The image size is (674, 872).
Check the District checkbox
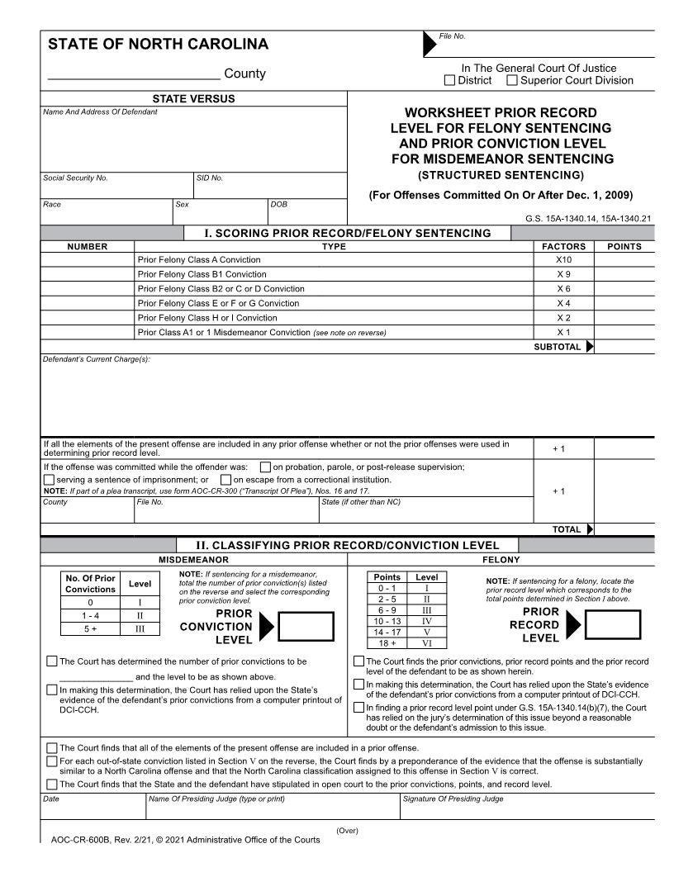449,81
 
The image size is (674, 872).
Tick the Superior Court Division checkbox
512,81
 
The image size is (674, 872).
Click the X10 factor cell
563,259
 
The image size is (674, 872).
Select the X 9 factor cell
563,274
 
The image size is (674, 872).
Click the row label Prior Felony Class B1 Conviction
202,274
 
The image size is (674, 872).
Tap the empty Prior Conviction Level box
306,627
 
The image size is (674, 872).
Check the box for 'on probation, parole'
265,467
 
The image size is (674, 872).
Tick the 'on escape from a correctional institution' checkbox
225,481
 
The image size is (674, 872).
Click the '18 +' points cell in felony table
387,642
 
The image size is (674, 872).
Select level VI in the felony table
427,642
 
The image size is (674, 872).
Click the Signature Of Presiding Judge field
529,809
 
